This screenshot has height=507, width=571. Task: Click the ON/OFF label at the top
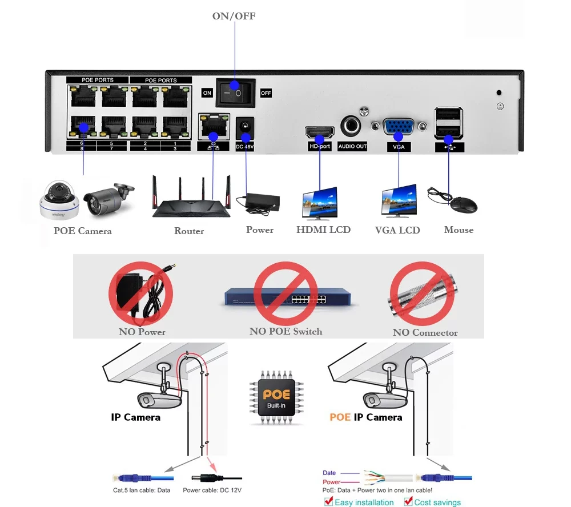pyautogui.click(x=234, y=16)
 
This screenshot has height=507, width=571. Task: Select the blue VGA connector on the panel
pyautogui.click(x=398, y=128)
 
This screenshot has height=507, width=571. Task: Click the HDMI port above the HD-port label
pyautogui.click(x=319, y=132)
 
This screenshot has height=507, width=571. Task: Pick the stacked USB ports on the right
pyautogui.click(x=448, y=124)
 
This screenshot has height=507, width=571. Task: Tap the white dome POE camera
pyautogui.click(x=57, y=202)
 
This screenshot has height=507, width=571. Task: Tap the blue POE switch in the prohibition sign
pyautogui.click(x=284, y=297)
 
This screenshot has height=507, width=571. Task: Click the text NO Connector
pyautogui.click(x=425, y=332)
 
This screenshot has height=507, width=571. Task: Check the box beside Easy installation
pyautogui.click(x=328, y=501)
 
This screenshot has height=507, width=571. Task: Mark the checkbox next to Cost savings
pyautogui.click(x=408, y=501)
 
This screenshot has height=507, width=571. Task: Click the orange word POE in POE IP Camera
pyautogui.click(x=340, y=417)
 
